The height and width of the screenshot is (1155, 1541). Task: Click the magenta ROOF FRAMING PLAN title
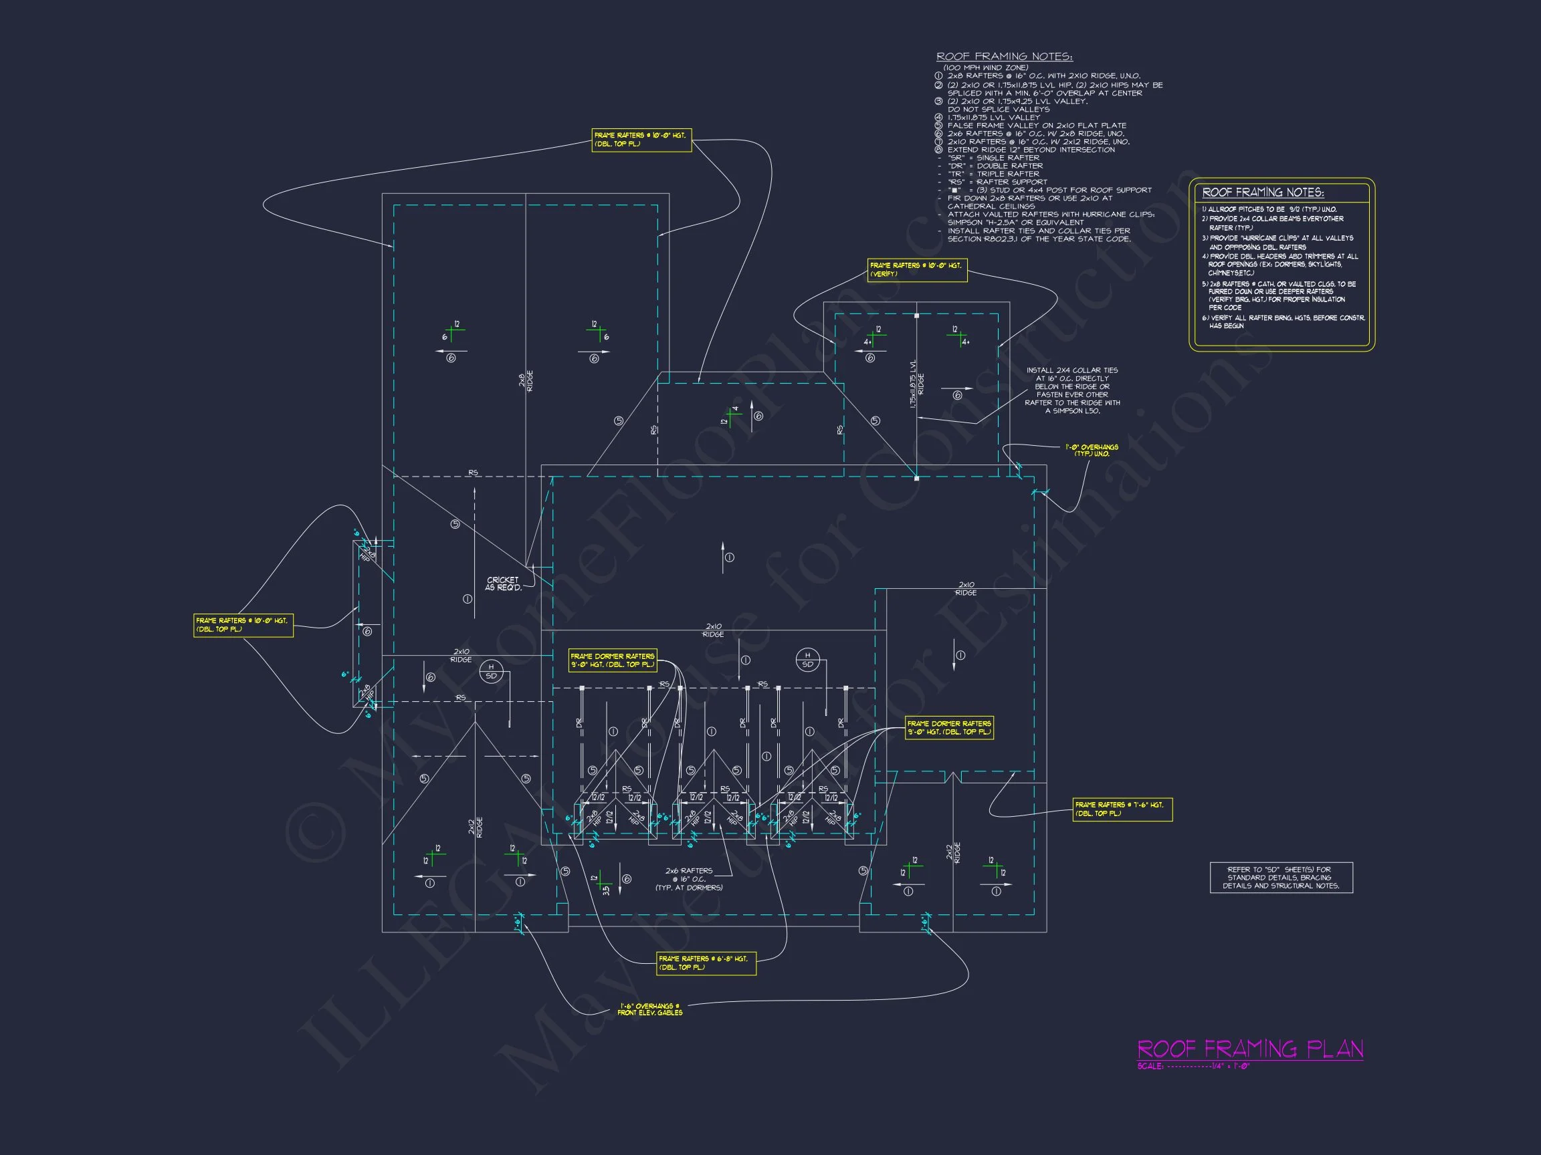click(x=1250, y=1049)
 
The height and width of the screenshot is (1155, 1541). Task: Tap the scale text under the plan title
click(x=1194, y=1066)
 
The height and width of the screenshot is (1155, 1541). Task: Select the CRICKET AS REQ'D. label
click(x=503, y=584)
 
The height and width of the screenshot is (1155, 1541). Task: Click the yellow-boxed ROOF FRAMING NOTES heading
click(x=1263, y=193)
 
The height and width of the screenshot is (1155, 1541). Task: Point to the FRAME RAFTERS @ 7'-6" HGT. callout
click(x=1122, y=809)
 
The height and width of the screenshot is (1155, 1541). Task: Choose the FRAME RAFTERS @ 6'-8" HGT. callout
click(x=706, y=963)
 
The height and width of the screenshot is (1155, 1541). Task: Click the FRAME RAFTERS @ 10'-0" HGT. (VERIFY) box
click(x=917, y=269)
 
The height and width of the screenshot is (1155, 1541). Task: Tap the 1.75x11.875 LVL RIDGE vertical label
click(x=917, y=384)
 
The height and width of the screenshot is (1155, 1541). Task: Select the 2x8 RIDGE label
click(x=526, y=381)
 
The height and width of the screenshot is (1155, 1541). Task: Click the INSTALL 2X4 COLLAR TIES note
click(x=1072, y=390)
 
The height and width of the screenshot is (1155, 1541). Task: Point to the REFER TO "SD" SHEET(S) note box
click(x=1281, y=877)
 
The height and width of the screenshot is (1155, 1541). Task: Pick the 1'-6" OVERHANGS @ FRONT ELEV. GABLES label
click(x=649, y=1009)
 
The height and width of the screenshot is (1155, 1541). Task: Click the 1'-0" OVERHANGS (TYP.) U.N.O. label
click(x=1091, y=451)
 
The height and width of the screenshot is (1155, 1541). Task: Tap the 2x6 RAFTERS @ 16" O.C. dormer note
click(x=688, y=878)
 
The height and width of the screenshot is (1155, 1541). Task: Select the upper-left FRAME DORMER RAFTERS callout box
click(x=613, y=660)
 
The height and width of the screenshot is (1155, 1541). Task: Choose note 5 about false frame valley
click(x=1035, y=125)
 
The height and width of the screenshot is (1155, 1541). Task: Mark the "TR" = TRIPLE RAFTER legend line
click(x=993, y=174)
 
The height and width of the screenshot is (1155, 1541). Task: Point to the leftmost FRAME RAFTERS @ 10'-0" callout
click(x=243, y=624)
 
